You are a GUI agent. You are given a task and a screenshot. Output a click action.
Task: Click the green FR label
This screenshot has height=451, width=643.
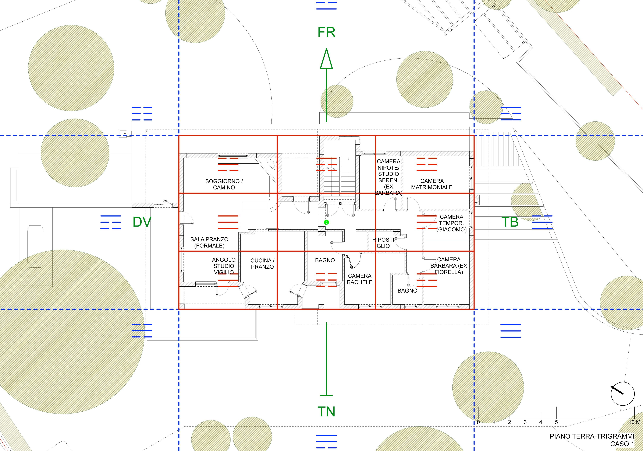click(x=326, y=32)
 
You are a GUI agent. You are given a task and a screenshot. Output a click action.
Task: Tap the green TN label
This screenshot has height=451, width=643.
click(x=326, y=412)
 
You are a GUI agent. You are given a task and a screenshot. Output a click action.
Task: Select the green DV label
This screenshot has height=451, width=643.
click(x=142, y=222)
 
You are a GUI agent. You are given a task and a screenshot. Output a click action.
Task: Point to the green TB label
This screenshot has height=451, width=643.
click(x=510, y=222)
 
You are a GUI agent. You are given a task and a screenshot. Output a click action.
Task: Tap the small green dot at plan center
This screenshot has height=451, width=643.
click(x=326, y=222)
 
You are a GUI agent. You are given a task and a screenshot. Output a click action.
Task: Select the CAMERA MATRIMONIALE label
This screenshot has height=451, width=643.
click(x=432, y=184)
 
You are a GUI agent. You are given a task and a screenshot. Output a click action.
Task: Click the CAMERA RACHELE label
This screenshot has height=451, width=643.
click(x=360, y=279)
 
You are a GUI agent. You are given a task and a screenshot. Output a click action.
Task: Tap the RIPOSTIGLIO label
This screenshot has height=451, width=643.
click(x=383, y=243)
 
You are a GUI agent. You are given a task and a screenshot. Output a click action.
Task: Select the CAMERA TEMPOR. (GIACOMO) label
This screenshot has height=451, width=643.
click(x=451, y=223)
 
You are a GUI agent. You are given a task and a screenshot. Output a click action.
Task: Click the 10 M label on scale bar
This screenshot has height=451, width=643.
click(x=634, y=430)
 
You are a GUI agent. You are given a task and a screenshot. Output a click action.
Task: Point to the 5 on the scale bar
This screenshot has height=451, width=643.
click(x=556, y=430)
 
